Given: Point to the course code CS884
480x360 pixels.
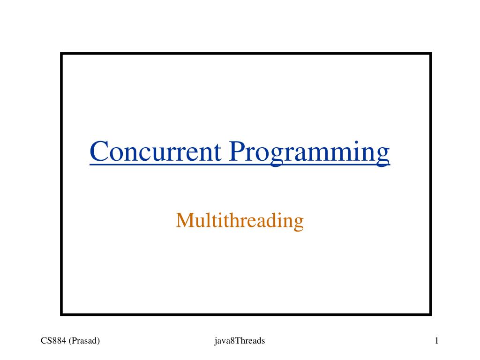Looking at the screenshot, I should click(53, 341).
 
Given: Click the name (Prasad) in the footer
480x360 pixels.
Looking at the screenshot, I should click(85, 341).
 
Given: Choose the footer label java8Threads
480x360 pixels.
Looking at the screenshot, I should click(237, 341).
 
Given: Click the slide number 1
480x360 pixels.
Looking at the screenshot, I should click(436, 341).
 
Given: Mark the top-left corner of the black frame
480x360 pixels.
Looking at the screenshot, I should click(61, 54).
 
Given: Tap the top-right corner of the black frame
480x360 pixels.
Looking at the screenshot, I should click(430, 54).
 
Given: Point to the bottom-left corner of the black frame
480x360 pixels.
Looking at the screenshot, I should click(61, 314).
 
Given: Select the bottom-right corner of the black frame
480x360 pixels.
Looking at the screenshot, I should click(430, 314).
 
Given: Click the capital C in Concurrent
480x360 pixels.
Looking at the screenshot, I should click(98, 152).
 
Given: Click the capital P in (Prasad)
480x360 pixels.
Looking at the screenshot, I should click(75, 341).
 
